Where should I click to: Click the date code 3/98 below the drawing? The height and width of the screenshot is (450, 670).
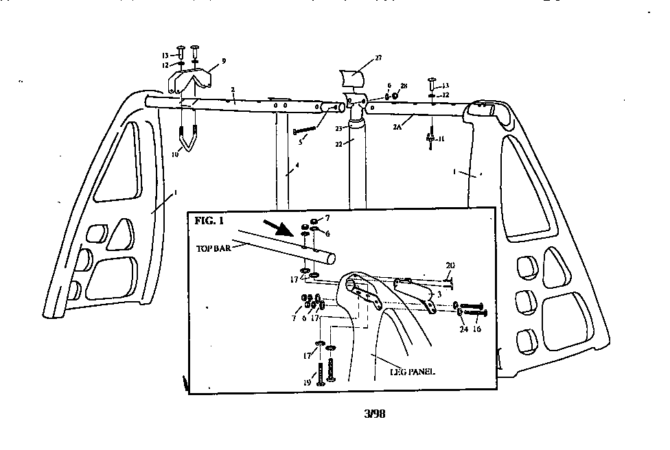pyautogui.click(x=376, y=414)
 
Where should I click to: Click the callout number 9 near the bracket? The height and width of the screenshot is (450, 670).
pyautogui.click(x=223, y=61)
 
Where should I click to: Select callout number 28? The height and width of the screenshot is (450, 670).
pyautogui.click(x=404, y=86)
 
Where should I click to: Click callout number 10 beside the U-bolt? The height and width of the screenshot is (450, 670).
pyautogui.click(x=175, y=154)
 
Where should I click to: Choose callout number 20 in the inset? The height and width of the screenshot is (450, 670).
pyautogui.click(x=450, y=265)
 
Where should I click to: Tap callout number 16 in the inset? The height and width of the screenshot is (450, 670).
pyautogui.click(x=476, y=329)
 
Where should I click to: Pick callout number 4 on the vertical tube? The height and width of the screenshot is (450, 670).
pyautogui.click(x=297, y=165)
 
